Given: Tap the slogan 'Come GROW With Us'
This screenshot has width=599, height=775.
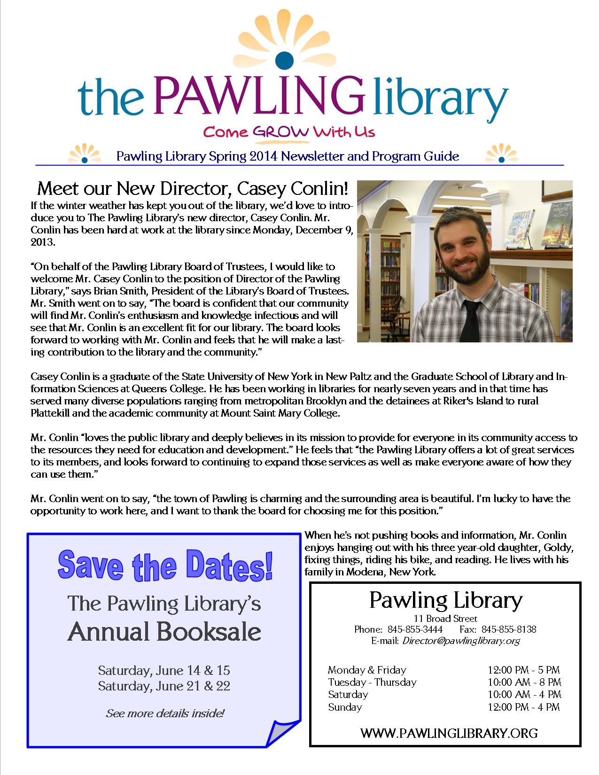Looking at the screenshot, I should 289,131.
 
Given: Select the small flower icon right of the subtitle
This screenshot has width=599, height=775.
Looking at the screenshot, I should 500,154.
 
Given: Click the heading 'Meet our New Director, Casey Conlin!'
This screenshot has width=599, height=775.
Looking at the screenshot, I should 193,189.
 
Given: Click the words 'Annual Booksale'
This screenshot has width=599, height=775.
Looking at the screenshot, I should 164,632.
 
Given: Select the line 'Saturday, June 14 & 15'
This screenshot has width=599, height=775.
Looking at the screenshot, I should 164,670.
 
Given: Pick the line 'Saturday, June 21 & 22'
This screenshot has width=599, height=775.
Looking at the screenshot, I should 164,686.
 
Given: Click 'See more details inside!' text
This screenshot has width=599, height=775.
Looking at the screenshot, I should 165,713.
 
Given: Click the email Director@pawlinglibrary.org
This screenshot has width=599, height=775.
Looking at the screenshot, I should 461,641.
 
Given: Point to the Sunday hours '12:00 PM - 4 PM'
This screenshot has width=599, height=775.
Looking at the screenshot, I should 524,707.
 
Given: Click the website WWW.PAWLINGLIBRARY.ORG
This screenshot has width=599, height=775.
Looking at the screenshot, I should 449,733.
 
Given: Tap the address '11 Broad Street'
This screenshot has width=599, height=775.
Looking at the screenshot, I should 445,619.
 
